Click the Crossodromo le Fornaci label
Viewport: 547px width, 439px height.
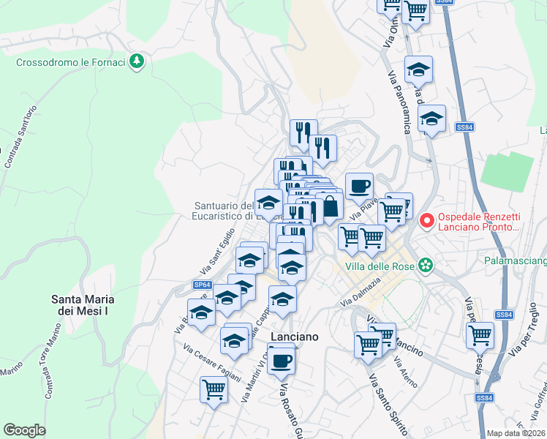(71, 62)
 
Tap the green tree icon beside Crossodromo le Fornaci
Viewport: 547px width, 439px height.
(136, 61)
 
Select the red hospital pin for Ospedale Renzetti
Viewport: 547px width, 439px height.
(428, 219)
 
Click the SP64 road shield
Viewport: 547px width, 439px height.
(203, 284)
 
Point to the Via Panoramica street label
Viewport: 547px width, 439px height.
(399, 102)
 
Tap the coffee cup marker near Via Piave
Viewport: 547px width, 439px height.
(358, 187)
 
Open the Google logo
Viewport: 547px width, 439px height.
(24, 429)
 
